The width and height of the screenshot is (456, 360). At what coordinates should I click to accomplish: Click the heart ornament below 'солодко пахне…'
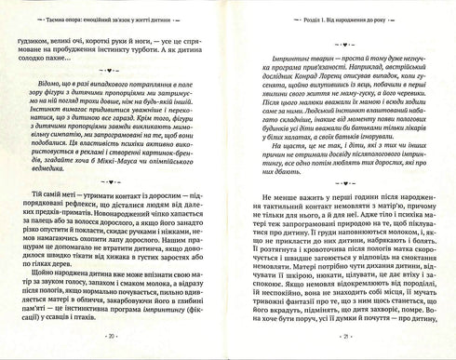click(112, 68)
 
